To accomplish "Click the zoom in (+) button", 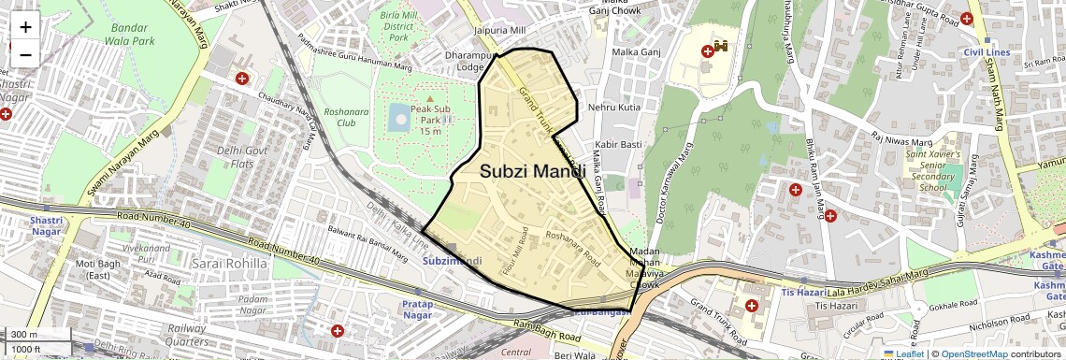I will click(25, 26).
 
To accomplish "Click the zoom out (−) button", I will click(25, 54).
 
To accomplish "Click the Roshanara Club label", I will click(339, 116).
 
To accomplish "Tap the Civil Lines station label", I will click(987, 52).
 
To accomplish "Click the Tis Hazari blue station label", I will click(800, 292).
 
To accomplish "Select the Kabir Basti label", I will click(618, 145).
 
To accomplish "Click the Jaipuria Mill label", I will click(499, 31).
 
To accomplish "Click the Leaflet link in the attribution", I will click(903, 354).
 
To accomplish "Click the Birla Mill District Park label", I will click(399, 27).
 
